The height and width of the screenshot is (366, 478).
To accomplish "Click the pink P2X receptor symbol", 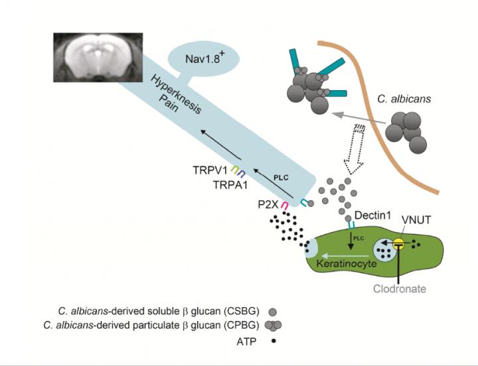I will point(284,206).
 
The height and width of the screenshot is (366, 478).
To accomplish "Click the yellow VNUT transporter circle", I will point(399,245).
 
